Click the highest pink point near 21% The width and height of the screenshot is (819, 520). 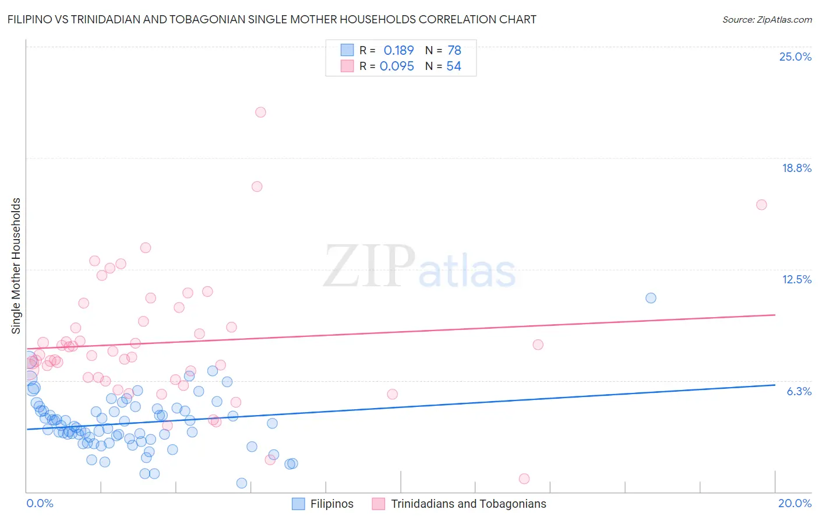pos(260,112)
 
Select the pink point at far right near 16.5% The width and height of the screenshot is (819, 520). pos(761,205)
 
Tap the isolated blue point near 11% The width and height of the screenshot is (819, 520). pos(651,298)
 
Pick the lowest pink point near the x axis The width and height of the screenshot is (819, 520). pos(524,479)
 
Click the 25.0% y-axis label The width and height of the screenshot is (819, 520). pos(795,57)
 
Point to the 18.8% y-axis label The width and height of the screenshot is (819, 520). pos(796,168)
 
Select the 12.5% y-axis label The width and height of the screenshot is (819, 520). pos(796,279)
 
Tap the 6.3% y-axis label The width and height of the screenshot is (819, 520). pos(799,391)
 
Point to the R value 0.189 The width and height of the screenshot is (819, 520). pos(398,50)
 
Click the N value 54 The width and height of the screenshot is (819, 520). pos(454,66)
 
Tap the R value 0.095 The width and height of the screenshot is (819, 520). pos(397,66)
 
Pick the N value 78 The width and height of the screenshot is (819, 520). pos(454,50)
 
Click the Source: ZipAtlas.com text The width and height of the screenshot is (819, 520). pos(767,20)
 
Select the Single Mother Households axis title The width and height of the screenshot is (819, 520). pos(16,266)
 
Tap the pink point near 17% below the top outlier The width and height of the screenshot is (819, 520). pos(257,187)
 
